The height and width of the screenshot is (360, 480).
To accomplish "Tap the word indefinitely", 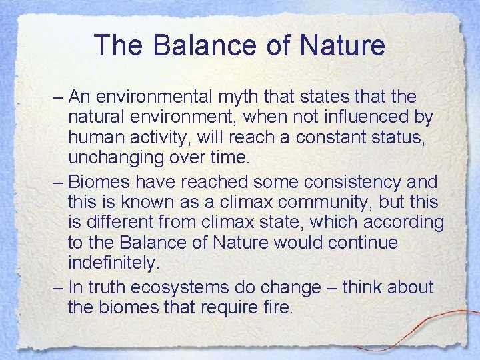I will [x=114, y=262].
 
